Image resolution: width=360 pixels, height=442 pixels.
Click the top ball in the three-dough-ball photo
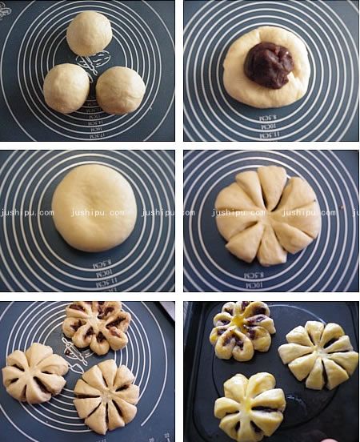pos(89,34)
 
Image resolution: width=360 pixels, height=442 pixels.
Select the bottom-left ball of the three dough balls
pos(66,87)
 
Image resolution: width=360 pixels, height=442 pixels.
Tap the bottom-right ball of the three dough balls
pos(121,89)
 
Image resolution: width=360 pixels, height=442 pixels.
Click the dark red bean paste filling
pos(269,63)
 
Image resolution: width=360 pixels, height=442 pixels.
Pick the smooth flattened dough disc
pos(95,207)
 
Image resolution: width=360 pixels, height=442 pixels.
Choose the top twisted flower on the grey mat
pos(97,325)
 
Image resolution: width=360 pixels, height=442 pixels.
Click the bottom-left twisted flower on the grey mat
pos(35,373)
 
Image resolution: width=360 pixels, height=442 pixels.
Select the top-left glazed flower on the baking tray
pos(242,329)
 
